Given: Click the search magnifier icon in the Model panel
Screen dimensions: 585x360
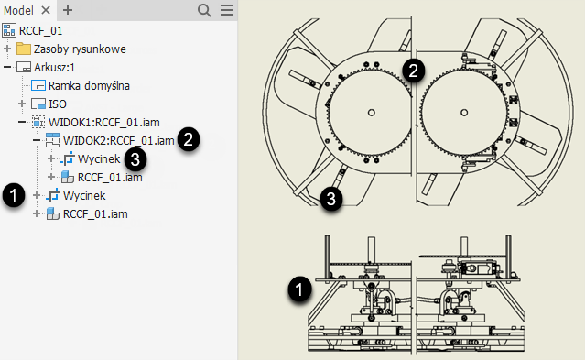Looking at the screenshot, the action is pyautogui.click(x=204, y=10).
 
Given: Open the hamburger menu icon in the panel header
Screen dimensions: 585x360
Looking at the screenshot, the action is pyautogui.click(x=227, y=10).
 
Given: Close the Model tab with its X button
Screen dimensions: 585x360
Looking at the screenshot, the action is pyautogui.click(x=46, y=10).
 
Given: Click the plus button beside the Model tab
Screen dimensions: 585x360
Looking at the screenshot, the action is pyautogui.click(x=68, y=10).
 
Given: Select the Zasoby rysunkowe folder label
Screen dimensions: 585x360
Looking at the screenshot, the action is pyautogui.click(x=80, y=49).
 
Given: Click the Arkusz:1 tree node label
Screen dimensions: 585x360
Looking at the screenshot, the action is pyautogui.click(x=54, y=67).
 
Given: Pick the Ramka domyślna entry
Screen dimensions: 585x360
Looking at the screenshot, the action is pyautogui.click(x=89, y=85).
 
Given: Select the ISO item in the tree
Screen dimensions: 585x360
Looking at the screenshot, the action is pyautogui.click(x=58, y=104).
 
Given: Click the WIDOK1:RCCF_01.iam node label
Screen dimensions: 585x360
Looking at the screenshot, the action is pyautogui.click(x=104, y=123).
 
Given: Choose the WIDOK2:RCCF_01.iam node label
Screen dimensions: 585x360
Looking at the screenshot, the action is pyautogui.click(x=119, y=141).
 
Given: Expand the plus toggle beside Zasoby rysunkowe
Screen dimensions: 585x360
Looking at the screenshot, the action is pyautogui.click(x=7, y=49).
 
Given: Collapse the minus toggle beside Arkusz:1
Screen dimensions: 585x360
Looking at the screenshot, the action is pyautogui.click(x=7, y=67).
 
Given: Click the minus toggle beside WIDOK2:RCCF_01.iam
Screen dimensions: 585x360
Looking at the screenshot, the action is pyautogui.click(x=37, y=140).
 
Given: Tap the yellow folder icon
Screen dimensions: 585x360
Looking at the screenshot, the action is pyautogui.click(x=24, y=49).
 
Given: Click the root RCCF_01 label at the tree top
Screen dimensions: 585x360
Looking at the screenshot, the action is pyautogui.click(x=40, y=30).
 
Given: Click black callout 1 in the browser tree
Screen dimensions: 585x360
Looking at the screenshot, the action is pyautogui.click(x=14, y=195).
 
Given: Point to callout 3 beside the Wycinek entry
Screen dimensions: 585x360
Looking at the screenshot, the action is pyautogui.click(x=135, y=159).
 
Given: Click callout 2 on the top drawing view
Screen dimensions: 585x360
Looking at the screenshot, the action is pyautogui.click(x=414, y=71).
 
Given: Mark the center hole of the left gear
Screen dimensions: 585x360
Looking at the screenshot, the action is pyautogui.click(x=371, y=113).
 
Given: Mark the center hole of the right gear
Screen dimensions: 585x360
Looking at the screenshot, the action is pyautogui.click(x=464, y=113).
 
